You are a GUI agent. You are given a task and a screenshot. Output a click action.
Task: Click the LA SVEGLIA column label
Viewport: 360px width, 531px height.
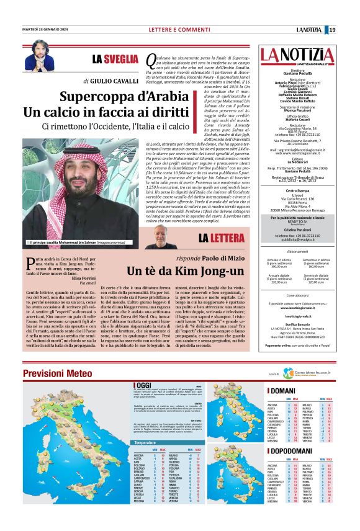tap(115, 60)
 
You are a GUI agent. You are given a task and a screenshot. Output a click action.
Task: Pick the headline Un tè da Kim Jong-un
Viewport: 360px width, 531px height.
tap(186, 270)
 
